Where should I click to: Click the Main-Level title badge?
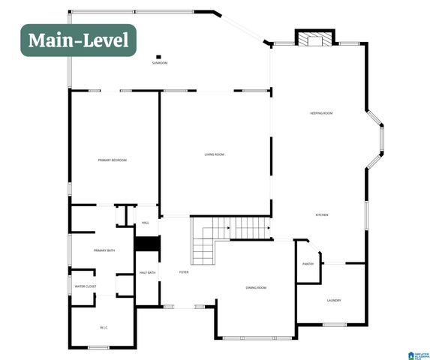78,40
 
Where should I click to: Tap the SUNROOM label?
159,63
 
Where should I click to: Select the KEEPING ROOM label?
321,113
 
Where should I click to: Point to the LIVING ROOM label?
215,154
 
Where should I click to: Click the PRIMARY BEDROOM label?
112,160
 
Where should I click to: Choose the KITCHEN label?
322,215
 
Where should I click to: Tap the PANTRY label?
308,264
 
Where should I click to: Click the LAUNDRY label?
334,300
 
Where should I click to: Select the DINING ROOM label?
256,288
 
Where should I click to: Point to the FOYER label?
184,272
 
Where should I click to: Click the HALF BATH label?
147,273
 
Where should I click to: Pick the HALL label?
146,223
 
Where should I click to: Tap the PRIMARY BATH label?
104,250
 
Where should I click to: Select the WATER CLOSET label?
85,286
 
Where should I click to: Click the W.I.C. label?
104,327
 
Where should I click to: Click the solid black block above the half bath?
147,244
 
